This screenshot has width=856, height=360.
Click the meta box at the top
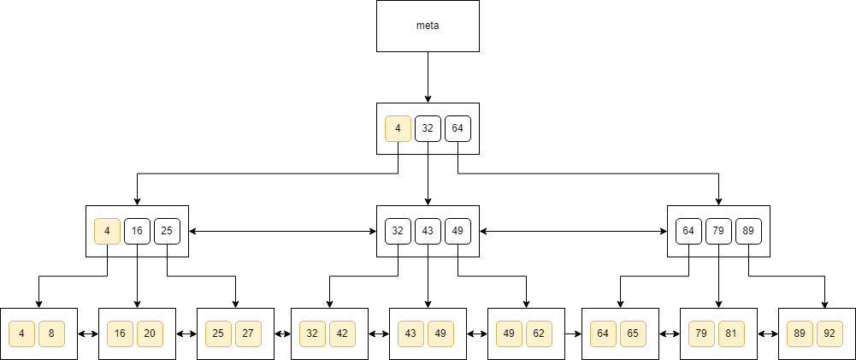[x=428, y=26]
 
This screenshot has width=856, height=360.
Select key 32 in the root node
[x=428, y=128]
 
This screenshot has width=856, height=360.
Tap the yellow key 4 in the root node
[x=398, y=128]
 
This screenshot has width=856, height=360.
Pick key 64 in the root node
[x=458, y=128]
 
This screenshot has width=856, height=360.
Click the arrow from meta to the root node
[x=428, y=77]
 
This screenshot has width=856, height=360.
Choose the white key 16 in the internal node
[x=137, y=231]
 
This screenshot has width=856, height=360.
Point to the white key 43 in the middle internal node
[x=428, y=231]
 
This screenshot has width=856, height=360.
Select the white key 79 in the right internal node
[x=718, y=231]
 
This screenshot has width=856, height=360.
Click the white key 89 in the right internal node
[x=748, y=231]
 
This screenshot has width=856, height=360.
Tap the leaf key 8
[x=51, y=333]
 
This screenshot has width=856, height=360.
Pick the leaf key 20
[x=150, y=333]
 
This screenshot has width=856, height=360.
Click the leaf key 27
[x=248, y=333]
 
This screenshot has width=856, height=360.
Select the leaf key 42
[x=342, y=333]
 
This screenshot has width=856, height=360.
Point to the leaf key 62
[x=539, y=333]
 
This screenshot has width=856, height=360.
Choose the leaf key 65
[x=633, y=333]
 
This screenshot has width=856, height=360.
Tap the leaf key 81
[x=731, y=333]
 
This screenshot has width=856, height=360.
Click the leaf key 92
[x=829, y=333]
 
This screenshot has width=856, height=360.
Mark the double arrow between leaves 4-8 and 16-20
[x=88, y=333]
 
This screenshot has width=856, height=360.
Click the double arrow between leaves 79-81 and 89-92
[x=768, y=333]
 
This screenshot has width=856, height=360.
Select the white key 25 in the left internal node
[x=167, y=231]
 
